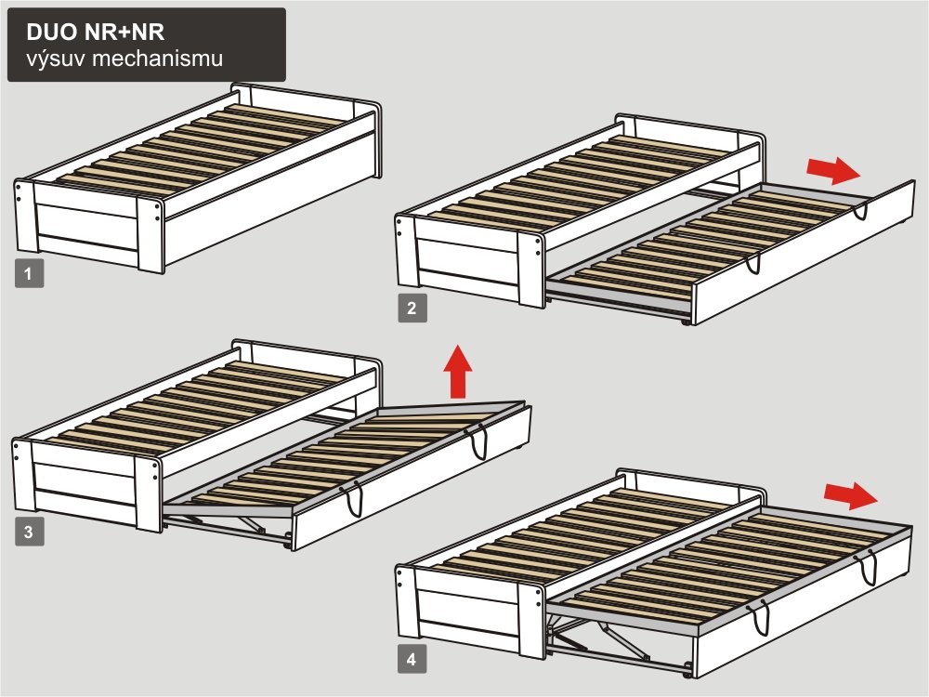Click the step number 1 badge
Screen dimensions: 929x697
(29, 274)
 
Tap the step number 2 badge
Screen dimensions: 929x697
(412, 309)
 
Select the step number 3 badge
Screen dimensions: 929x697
(29, 532)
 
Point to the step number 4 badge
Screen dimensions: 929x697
(412, 660)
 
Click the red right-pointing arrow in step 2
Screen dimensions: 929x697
(833, 171)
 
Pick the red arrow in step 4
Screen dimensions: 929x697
(851, 495)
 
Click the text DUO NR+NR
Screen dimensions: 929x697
(96, 32)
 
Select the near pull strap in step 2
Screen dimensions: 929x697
(753, 264)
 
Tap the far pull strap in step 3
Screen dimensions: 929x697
(479, 442)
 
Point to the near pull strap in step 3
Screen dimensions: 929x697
(354, 499)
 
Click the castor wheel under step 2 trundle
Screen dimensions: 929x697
(687, 322)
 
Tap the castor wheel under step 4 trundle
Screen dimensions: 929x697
(687, 675)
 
